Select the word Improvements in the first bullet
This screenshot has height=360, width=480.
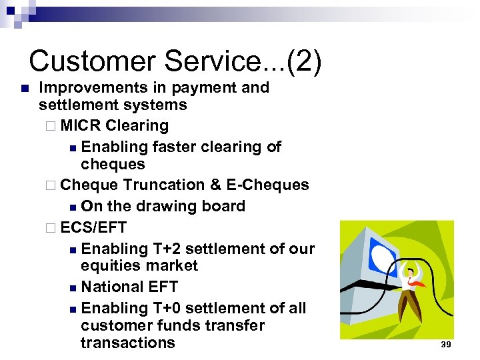(x=91, y=87)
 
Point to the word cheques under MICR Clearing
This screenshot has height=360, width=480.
(x=112, y=164)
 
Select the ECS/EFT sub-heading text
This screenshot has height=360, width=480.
(x=93, y=227)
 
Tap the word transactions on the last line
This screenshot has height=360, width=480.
(x=127, y=343)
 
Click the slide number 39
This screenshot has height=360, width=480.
(x=446, y=345)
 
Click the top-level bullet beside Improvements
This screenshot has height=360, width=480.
(x=23, y=88)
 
